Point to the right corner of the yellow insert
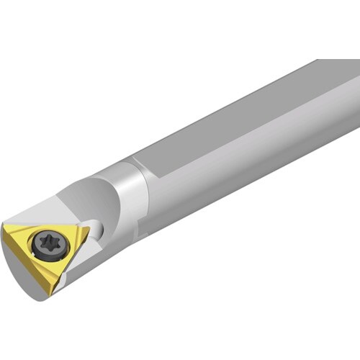pyautogui.click(x=89, y=230)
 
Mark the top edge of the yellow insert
pyautogui.click(x=47, y=226)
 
